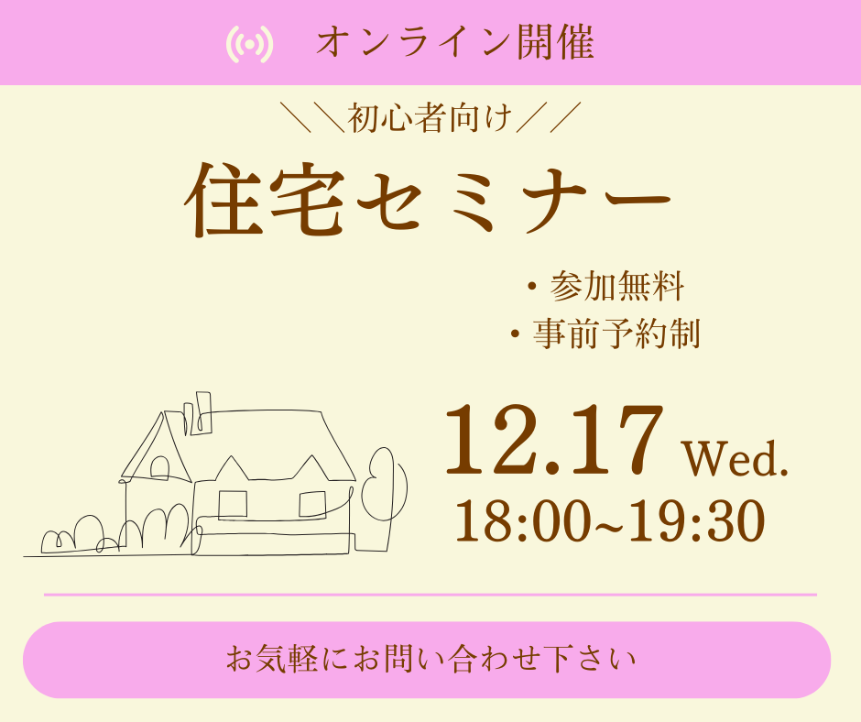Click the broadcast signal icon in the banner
(x=250, y=44)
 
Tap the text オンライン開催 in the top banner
(x=455, y=43)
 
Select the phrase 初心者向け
(x=430, y=117)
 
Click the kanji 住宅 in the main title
(x=265, y=200)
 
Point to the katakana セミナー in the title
(x=514, y=201)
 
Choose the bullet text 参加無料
(x=617, y=286)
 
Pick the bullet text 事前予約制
(x=616, y=334)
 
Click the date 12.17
(x=553, y=440)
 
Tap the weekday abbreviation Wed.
(x=736, y=459)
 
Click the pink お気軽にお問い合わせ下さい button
(x=427, y=660)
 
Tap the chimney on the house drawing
(x=203, y=412)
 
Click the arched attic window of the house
(x=159, y=467)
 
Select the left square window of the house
(x=233, y=505)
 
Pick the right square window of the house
(x=312, y=505)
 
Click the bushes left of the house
(x=116, y=532)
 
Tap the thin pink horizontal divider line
(x=430, y=595)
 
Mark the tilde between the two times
(x=609, y=525)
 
